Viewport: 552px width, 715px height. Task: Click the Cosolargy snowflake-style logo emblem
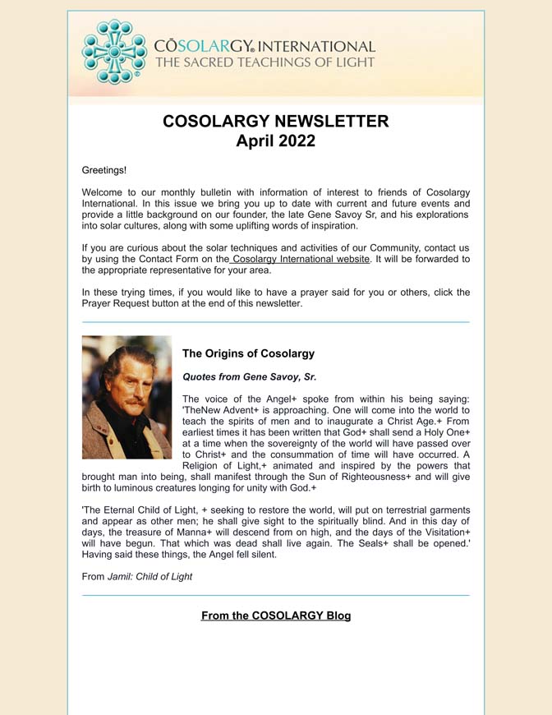pos(113,52)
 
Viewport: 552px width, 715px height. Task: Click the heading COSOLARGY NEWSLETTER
pos(275,121)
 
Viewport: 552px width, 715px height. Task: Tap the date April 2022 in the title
pos(275,141)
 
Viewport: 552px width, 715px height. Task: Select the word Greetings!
pos(104,170)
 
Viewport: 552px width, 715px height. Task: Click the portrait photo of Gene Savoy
pos(126,397)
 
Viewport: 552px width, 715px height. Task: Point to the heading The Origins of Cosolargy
pos(248,353)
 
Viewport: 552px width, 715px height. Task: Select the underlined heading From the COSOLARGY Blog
pos(276,616)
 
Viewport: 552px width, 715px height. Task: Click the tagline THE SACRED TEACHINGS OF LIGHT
pos(264,62)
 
